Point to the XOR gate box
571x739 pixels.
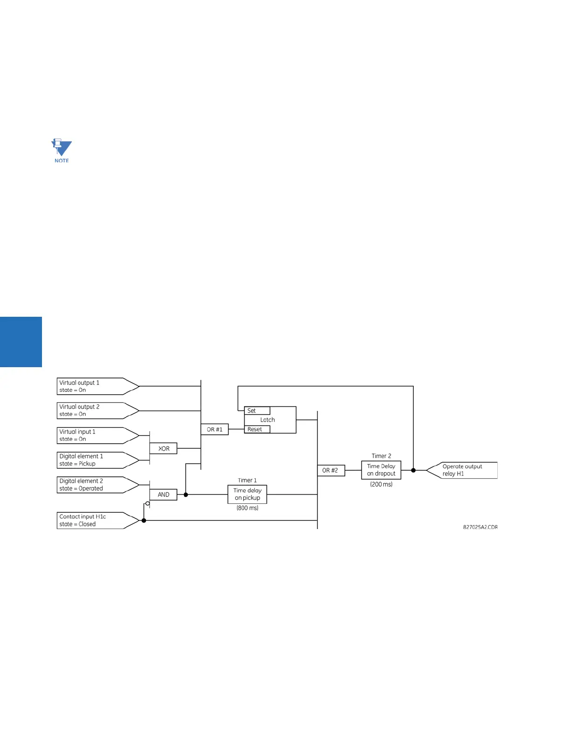(x=163, y=448)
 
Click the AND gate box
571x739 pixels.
(x=163, y=495)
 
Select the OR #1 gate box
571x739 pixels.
(x=215, y=429)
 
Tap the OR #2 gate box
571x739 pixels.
(x=330, y=470)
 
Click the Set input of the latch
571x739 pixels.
(x=257, y=411)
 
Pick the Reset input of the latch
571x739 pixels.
(x=257, y=429)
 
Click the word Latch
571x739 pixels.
(x=268, y=420)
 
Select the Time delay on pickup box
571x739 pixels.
(x=247, y=494)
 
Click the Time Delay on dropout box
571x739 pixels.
(x=381, y=470)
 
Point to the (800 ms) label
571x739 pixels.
(x=247, y=508)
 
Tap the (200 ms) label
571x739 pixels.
(x=381, y=484)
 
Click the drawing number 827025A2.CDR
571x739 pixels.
(x=480, y=527)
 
